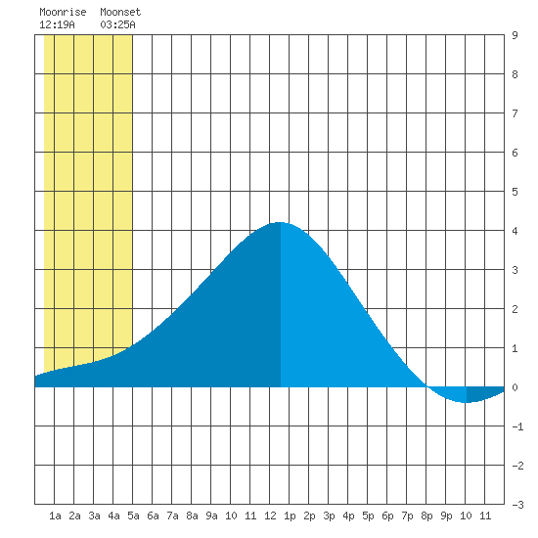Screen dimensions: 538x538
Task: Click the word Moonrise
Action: coord(63,12)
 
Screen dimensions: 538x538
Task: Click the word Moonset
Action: coord(120,12)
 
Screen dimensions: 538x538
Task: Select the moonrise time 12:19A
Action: coord(57,24)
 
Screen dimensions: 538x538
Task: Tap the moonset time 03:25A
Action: coord(117,24)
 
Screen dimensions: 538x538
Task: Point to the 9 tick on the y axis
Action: coord(515,35)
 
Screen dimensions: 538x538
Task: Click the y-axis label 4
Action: coord(515,231)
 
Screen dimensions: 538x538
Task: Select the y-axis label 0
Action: coord(515,387)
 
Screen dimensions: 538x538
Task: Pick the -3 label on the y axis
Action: coord(517,505)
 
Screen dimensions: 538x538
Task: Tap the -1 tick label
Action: coord(517,426)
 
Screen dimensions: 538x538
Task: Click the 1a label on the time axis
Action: coord(55,516)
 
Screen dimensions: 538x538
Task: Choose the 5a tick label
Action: coord(133,516)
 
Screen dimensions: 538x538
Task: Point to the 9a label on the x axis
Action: coord(211,516)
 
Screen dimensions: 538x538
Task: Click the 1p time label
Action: coord(290,516)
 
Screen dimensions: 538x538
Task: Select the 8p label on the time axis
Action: coord(426,516)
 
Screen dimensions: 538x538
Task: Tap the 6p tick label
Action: coord(387,516)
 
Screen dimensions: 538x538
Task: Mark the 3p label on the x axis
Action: coord(329,516)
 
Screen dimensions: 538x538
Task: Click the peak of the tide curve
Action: coord(280,222)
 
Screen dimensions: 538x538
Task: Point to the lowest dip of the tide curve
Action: coord(467,402)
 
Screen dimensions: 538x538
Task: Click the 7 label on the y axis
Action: coord(515,113)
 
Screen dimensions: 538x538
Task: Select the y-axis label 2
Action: coord(515,309)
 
